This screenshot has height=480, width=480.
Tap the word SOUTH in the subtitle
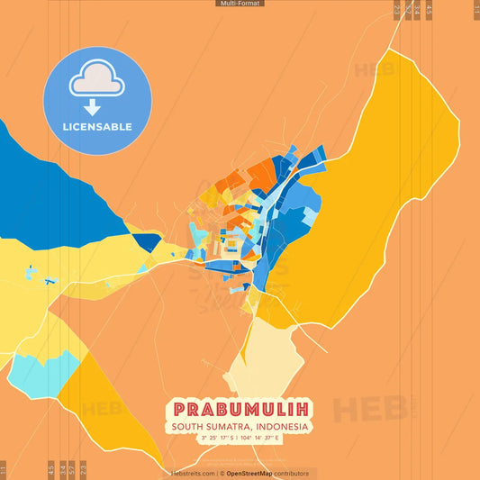click(189, 427)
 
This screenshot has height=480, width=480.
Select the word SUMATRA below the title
click(229, 427)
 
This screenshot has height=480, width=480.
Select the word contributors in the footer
click(292, 473)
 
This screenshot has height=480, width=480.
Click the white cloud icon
click(97, 80)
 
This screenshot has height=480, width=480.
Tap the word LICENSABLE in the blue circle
click(98, 127)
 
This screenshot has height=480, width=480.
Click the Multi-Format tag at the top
click(240, 4)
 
